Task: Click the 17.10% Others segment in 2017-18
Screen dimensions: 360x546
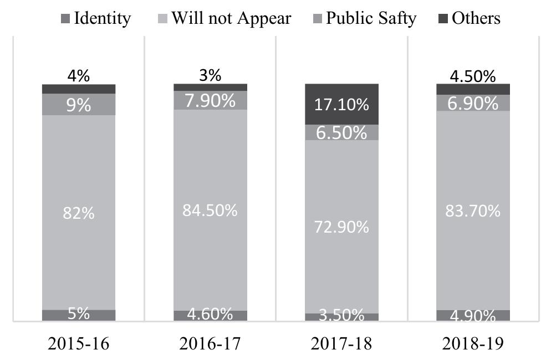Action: [341, 104]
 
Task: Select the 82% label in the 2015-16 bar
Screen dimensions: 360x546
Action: [79, 213]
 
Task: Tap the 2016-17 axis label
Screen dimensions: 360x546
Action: [210, 344]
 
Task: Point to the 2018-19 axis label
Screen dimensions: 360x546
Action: [473, 344]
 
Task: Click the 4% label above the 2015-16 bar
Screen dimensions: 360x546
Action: [79, 76]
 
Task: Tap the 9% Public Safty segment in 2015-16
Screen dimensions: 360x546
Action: [79, 105]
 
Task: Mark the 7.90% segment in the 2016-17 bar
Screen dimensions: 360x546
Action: [210, 100]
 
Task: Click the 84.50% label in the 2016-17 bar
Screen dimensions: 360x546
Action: [210, 210]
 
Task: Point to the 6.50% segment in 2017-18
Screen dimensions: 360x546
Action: [341, 132]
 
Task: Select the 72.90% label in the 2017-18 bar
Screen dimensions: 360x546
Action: [341, 227]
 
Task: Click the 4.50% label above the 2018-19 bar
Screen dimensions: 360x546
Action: [473, 76]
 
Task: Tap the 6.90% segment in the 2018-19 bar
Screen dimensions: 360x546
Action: [473, 103]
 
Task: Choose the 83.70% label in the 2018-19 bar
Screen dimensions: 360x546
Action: [473, 210]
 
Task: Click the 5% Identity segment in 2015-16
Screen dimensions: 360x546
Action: [79, 315]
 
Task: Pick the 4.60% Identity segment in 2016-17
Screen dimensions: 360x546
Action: [210, 315]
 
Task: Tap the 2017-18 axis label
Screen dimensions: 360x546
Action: [341, 344]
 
